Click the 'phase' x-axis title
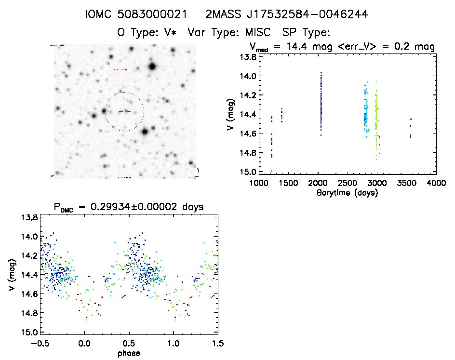click(129, 353)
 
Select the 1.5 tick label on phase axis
click(217, 343)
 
